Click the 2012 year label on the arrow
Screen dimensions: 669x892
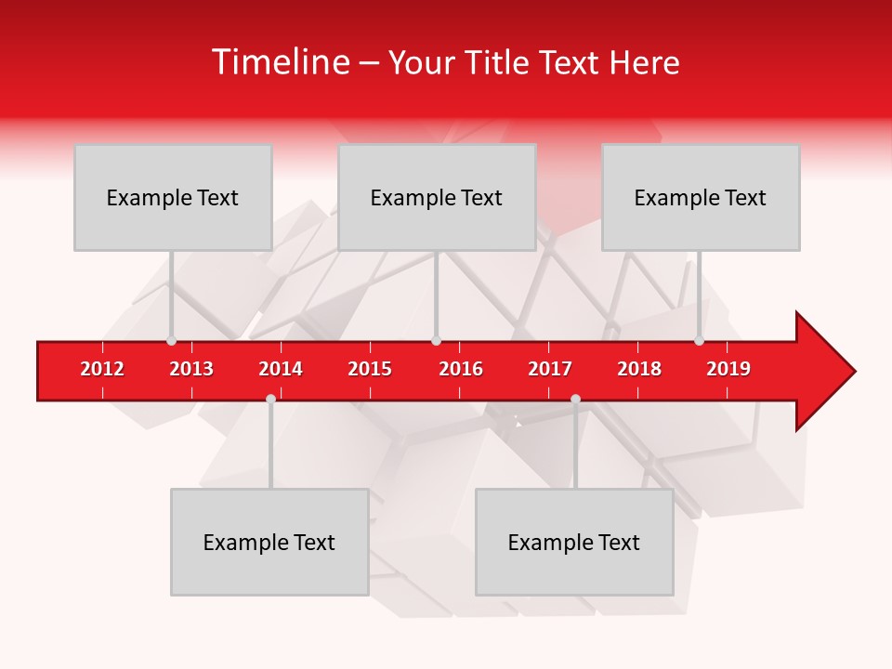(102, 369)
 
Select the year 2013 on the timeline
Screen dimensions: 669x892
(191, 369)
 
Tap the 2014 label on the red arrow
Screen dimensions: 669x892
(281, 369)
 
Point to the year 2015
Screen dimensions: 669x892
(370, 369)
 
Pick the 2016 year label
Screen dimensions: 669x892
(461, 369)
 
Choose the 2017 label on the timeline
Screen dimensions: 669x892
(550, 369)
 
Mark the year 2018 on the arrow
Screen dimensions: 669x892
(639, 369)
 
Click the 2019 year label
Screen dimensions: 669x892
(728, 369)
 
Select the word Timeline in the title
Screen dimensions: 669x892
(280, 62)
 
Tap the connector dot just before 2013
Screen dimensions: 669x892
(171, 341)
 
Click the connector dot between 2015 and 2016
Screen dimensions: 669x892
(436, 341)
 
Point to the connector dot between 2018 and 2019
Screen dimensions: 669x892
(699, 341)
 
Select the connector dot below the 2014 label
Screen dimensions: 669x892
(270, 399)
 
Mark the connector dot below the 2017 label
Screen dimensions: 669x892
(575, 399)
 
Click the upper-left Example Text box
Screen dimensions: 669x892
(173, 197)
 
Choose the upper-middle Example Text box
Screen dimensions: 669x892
(437, 197)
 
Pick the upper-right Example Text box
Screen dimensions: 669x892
(701, 197)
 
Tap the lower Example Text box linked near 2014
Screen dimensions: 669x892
(269, 542)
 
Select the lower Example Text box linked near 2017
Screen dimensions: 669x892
(574, 542)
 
